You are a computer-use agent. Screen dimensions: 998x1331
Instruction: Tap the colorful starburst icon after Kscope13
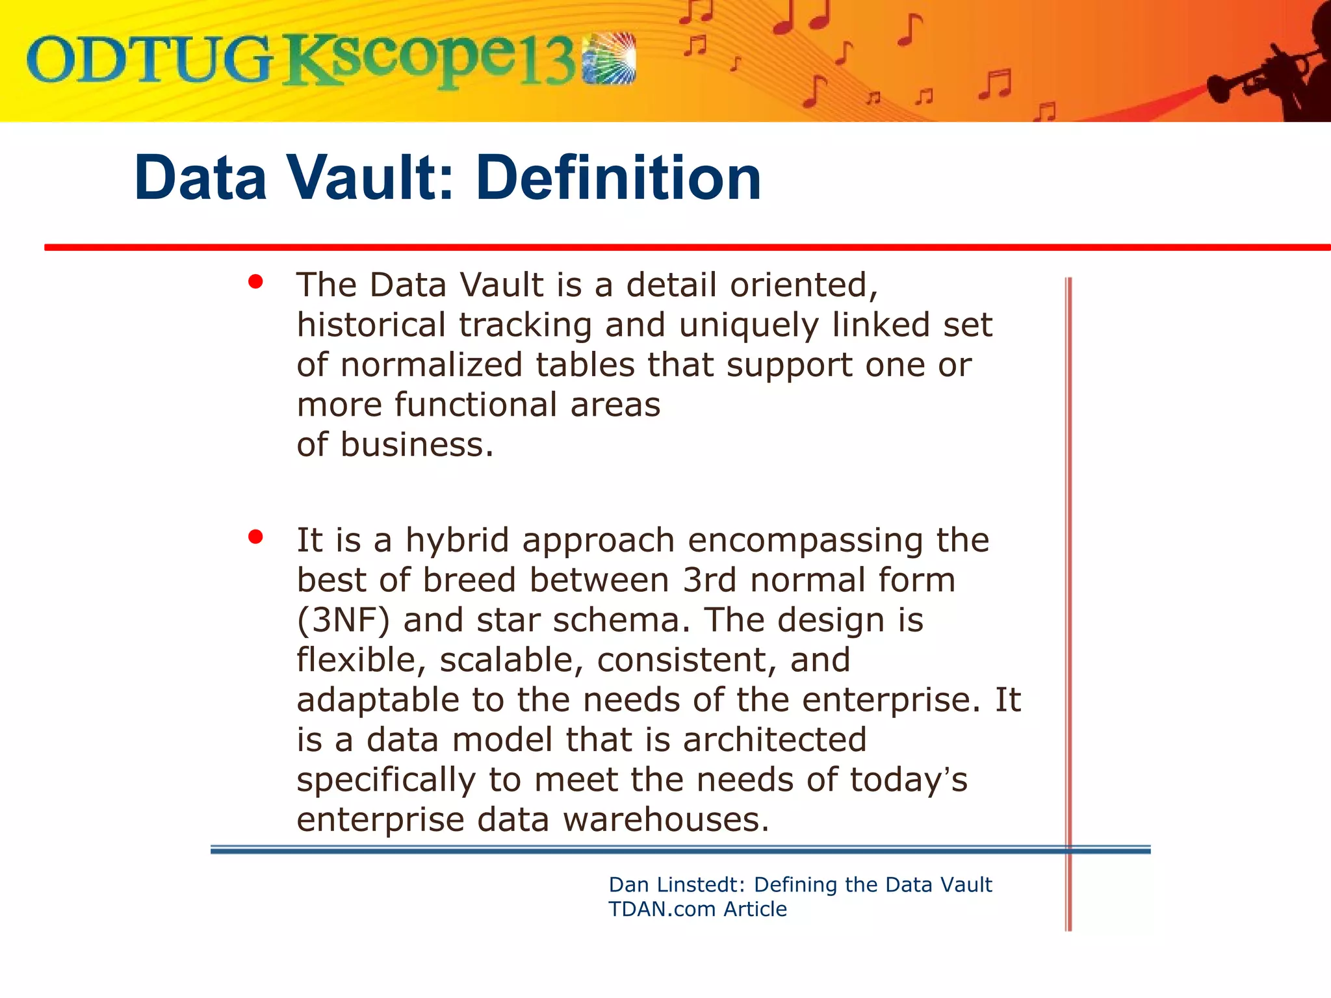[x=609, y=58]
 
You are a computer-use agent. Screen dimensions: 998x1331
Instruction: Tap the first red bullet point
[x=255, y=282]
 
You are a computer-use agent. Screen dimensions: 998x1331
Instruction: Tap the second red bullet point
[x=255, y=537]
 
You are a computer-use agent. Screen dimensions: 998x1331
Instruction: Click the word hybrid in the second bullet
[x=457, y=541]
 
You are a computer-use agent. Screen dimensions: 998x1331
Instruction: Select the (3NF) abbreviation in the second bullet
[x=343, y=621]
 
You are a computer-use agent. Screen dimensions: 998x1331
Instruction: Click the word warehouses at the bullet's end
[x=665, y=820]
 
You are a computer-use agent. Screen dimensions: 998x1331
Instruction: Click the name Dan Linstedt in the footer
[x=677, y=885]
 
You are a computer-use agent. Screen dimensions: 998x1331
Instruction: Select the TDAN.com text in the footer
[x=662, y=909]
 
